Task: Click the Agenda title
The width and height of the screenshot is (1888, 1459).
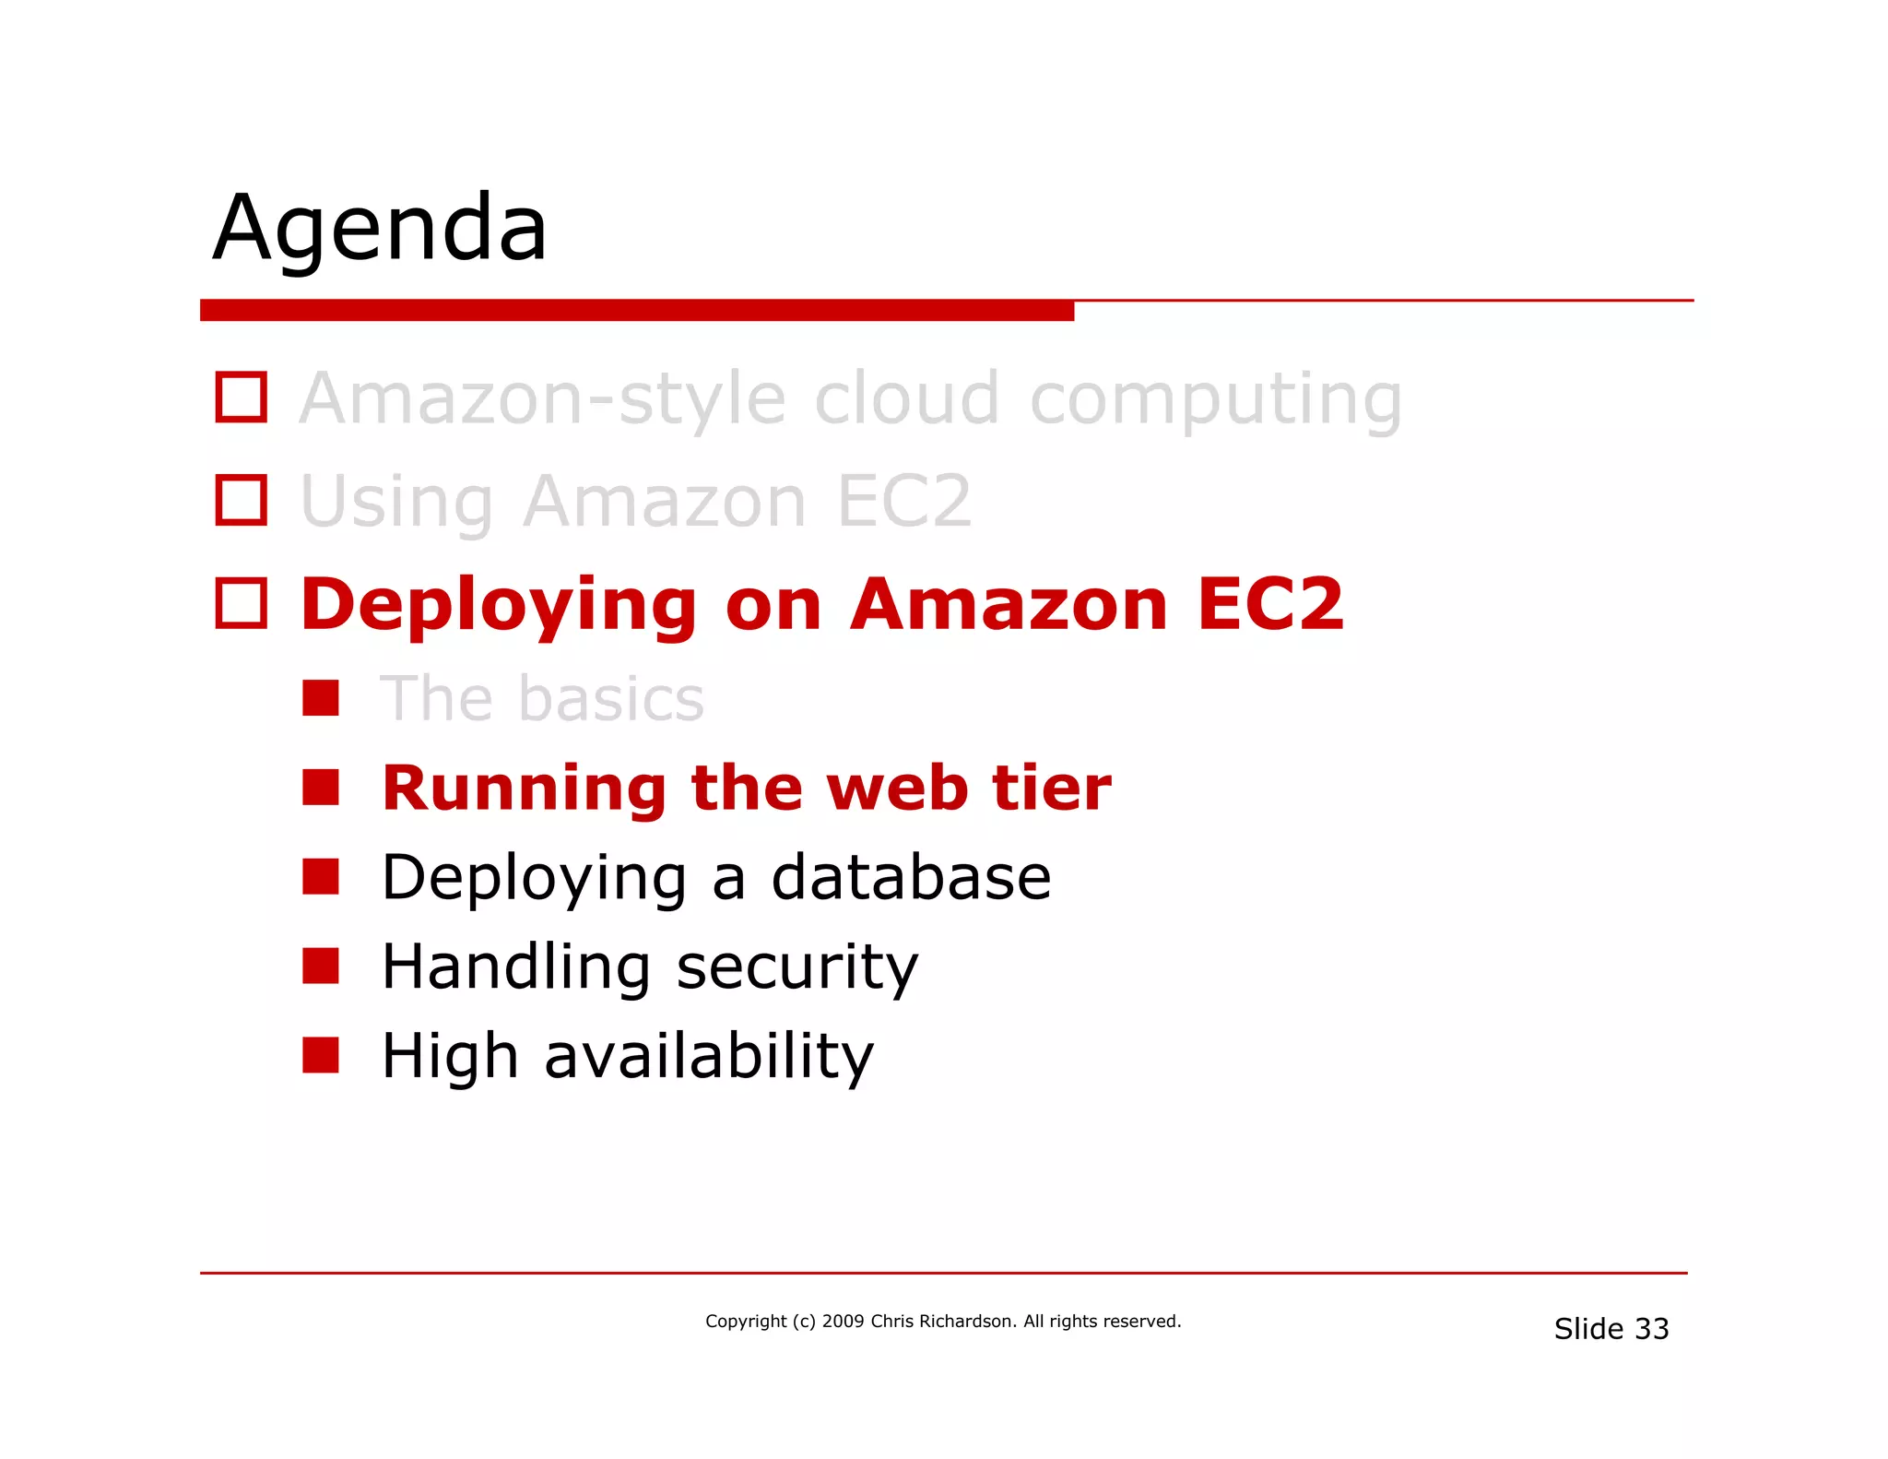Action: click(x=380, y=228)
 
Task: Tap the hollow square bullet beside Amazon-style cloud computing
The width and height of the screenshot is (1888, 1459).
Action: click(x=242, y=397)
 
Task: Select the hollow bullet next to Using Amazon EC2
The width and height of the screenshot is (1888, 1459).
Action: click(x=242, y=501)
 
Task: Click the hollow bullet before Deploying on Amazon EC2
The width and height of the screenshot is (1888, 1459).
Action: click(x=242, y=604)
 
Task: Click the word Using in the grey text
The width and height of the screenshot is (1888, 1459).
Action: click(x=396, y=503)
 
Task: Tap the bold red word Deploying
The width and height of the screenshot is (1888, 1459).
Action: click(x=498, y=607)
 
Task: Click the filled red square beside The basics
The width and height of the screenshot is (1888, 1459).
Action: click(x=321, y=698)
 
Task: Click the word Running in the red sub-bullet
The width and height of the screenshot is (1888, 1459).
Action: click(x=523, y=789)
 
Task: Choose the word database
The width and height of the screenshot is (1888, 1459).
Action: click(x=911, y=877)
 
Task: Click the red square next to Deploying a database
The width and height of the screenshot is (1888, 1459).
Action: click(x=321, y=877)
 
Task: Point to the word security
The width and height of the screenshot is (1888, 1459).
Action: click(x=797, y=968)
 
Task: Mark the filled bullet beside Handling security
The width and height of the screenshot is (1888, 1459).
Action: click(x=321, y=967)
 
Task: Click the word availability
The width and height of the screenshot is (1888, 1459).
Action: click(x=708, y=1057)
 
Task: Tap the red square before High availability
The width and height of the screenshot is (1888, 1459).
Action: click(x=321, y=1056)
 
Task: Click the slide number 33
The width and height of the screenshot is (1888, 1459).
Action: click(x=1651, y=1329)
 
